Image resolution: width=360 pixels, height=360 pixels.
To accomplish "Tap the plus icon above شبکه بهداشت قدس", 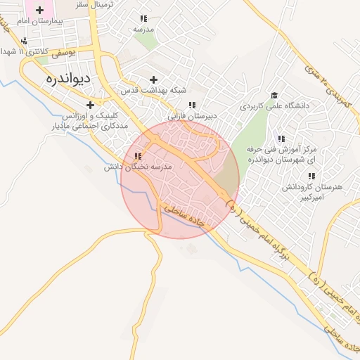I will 153,79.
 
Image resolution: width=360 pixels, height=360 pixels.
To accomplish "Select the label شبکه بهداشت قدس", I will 154,91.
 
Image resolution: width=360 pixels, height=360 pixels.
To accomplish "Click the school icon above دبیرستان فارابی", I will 192,105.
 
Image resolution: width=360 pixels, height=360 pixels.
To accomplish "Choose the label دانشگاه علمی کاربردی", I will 274,106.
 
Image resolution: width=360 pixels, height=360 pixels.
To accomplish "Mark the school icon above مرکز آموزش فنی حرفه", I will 281,139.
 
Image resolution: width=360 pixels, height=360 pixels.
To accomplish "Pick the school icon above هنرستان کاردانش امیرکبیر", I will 309,177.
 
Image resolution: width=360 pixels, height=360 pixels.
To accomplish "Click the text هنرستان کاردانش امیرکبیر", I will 308,193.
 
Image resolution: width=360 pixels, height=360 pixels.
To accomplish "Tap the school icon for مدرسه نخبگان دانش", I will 138,157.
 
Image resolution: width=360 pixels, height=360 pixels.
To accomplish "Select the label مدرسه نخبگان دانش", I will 138,167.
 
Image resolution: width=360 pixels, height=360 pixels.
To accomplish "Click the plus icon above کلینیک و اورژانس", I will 90,105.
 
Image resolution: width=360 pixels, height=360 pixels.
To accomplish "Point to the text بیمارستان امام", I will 39,22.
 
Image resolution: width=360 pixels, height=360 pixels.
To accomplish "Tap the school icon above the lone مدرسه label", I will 144,19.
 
